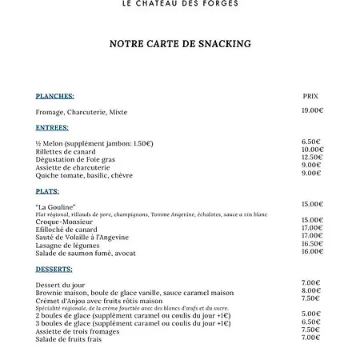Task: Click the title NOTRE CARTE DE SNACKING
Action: [180, 44]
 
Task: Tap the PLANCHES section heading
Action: [55, 95]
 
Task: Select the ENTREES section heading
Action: [53, 128]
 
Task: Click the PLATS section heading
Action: [47, 191]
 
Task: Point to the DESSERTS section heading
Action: [54, 269]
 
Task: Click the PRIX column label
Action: [310, 96]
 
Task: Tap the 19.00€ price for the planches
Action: [312, 110]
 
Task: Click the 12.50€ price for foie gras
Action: [312, 158]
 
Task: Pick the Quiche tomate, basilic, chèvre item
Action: [84, 175]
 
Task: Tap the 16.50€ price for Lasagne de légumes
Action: [312, 244]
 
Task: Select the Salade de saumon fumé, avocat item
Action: [86, 253]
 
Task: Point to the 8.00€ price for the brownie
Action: [311, 291]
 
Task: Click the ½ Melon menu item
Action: [48, 143]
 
